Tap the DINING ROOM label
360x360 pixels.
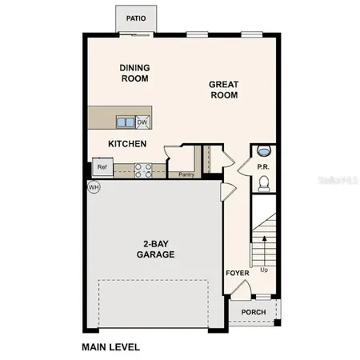(x=135, y=73)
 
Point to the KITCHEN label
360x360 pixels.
(x=127, y=144)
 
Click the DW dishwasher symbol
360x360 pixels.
(x=143, y=122)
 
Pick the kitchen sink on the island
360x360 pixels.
(x=126, y=122)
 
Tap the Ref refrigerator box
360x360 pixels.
(x=102, y=168)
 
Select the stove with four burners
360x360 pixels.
(x=143, y=169)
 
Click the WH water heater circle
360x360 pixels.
(x=94, y=187)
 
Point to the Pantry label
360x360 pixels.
(x=187, y=174)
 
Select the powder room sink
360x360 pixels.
(x=264, y=150)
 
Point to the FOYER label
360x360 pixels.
(x=237, y=274)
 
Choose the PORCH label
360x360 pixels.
(x=253, y=312)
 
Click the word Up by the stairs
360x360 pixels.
(x=265, y=270)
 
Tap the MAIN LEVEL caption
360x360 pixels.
(x=111, y=347)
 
